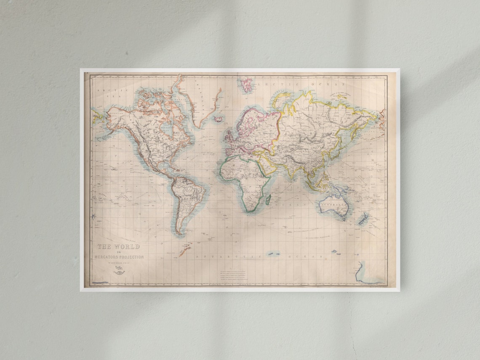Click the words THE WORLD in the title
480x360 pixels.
119,247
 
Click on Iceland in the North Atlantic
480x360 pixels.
218,119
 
